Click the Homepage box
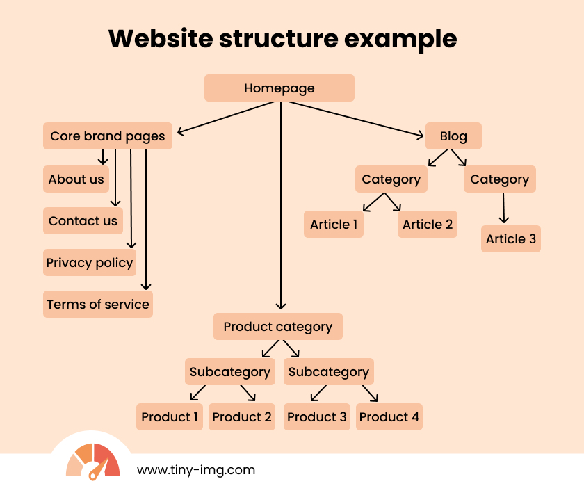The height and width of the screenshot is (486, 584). [279, 88]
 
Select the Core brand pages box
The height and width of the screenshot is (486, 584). [108, 136]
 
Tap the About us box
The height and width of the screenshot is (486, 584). [76, 179]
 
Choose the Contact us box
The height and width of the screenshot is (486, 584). [83, 221]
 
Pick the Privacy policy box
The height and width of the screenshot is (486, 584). [89, 263]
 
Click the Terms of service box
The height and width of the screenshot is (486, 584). [98, 304]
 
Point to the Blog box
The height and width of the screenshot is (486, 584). [453, 136]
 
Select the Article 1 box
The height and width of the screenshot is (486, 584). [334, 224]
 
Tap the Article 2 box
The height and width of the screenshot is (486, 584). [428, 224]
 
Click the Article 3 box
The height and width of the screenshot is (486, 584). [511, 238]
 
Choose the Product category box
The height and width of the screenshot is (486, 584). [278, 326]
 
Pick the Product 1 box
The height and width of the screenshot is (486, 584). [170, 417]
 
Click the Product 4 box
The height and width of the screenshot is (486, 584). [389, 417]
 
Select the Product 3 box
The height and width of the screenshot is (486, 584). [317, 417]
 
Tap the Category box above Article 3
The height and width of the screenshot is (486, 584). [500, 179]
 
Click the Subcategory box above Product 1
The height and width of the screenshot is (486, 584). [229, 371]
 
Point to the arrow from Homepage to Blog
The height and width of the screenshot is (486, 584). [355, 118]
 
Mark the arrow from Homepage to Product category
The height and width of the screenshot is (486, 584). [281, 209]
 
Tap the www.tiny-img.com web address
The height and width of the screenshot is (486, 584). [196, 470]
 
